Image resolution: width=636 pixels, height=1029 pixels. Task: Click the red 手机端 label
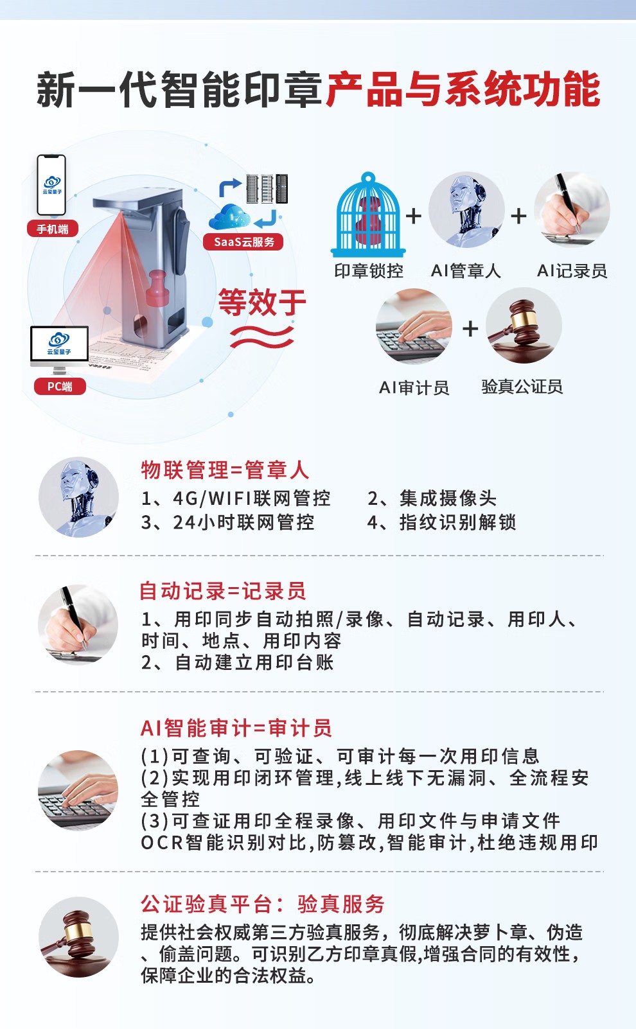pyautogui.click(x=53, y=229)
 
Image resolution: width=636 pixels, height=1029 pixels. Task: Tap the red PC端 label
pyautogui.click(x=60, y=386)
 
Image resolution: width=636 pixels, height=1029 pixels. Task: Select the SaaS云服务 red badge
pyautogui.click(x=243, y=242)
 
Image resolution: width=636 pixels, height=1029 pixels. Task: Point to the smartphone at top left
pyautogui.click(x=51, y=185)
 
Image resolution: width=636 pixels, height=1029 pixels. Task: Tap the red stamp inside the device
pyautogui.click(x=157, y=288)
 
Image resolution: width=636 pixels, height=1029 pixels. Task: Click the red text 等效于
pyautogui.click(x=262, y=303)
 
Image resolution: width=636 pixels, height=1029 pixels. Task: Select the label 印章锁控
pyautogui.click(x=369, y=271)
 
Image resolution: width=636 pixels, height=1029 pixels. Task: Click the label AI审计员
pyautogui.click(x=414, y=388)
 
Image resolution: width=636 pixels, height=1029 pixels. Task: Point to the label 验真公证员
pyautogui.click(x=522, y=387)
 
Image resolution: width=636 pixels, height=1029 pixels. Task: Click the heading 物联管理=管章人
pyautogui.click(x=225, y=470)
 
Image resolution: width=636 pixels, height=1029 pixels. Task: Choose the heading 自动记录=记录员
pyautogui.click(x=222, y=591)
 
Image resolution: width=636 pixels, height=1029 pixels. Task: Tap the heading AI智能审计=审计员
pyautogui.click(x=236, y=728)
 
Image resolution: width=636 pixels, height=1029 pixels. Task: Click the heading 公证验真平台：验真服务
pyautogui.click(x=262, y=904)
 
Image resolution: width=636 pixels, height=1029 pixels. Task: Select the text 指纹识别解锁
pyautogui.click(x=457, y=522)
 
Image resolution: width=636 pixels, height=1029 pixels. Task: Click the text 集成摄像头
pyautogui.click(x=448, y=498)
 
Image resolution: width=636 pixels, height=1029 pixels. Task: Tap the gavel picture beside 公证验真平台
pyautogui.click(x=78, y=937)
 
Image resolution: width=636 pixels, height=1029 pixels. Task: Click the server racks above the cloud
pyautogui.click(x=267, y=188)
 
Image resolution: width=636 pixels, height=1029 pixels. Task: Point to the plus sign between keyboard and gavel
pyautogui.click(x=470, y=328)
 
